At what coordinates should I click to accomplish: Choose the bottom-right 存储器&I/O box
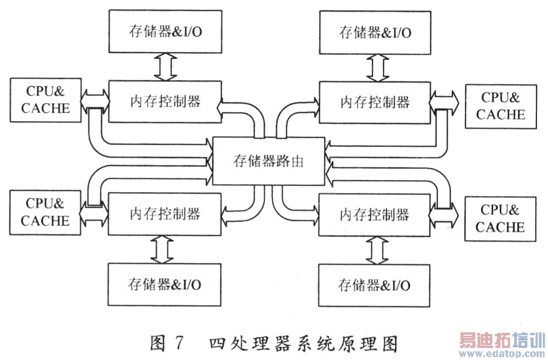tap(375, 285)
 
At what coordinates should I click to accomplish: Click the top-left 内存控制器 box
tap(164, 102)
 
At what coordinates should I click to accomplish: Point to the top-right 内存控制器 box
tap(375, 102)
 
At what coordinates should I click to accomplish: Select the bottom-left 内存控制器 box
tap(164, 213)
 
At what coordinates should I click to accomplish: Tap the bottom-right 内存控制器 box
tap(375, 215)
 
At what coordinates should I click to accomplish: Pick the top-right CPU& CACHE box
tap(501, 106)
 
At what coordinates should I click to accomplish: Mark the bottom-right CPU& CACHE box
tap(501, 218)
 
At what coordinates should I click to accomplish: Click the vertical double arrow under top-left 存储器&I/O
tap(164, 66)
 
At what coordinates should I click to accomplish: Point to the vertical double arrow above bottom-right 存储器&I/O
tap(375, 250)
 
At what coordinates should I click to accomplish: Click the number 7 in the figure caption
tap(178, 343)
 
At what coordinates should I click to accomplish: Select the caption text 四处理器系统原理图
tap(304, 344)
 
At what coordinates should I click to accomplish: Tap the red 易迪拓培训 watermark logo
tap(501, 343)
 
